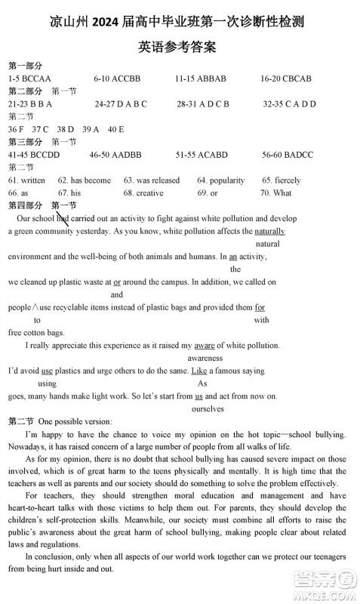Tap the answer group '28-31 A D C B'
click(x=203, y=103)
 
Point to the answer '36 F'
click(x=16, y=129)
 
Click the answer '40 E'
click(x=115, y=129)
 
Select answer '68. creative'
click(x=143, y=193)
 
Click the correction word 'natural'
click(x=268, y=244)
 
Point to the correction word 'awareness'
click(x=205, y=358)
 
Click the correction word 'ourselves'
click(x=208, y=408)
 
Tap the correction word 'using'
click(x=47, y=384)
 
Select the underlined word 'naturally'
click(x=269, y=231)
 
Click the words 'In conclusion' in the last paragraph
click(x=51, y=556)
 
